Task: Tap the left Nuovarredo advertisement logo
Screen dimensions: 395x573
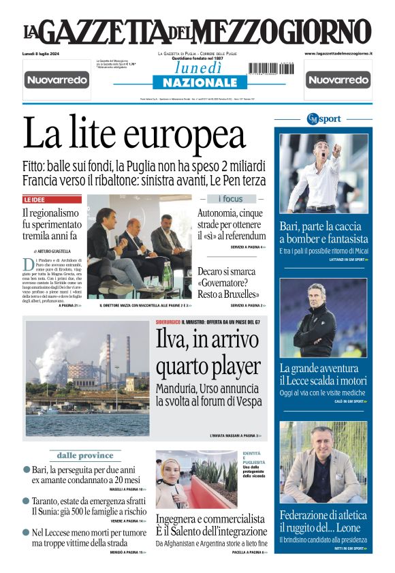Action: pos(57,80)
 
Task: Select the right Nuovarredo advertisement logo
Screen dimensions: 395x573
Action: pos(338,80)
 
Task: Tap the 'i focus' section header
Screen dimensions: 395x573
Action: pos(230,199)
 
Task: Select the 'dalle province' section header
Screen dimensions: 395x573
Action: pos(85,455)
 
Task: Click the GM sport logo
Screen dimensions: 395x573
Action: pos(323,119)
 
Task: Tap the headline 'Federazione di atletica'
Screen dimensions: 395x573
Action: pos(323,515)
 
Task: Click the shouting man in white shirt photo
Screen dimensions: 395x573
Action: pos(323,174)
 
